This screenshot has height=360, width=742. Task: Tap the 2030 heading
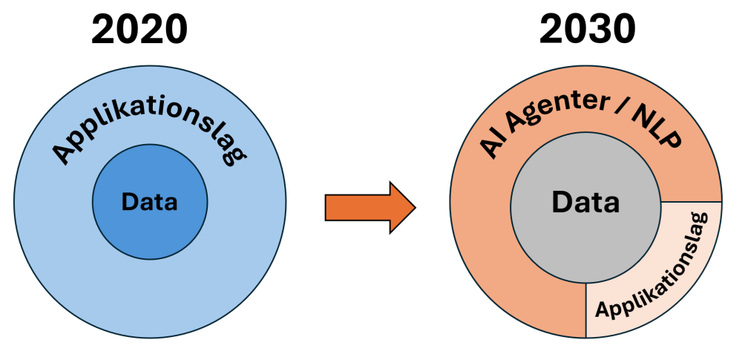coord(587,30)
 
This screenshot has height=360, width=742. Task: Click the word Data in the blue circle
coord(150,201)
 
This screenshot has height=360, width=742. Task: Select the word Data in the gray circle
coord(585,201)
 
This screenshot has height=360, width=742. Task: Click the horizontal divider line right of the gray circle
coord(691,201)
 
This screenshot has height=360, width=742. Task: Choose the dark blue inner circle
coord(150,226)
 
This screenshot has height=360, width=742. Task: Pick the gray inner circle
coord(585,238)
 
